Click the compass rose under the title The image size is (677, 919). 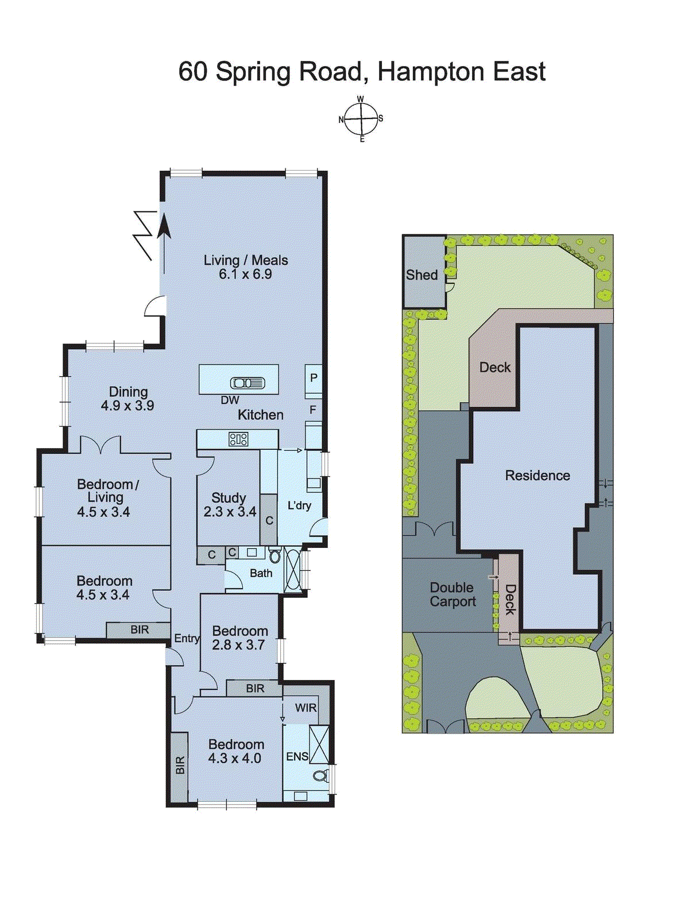(361, 119)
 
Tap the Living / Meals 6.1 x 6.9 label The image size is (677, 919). (246, 267)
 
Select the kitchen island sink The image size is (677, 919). (247, 383)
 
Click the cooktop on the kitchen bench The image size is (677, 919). (238, 440)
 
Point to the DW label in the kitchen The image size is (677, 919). (230, 400)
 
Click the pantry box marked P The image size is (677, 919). (314, 378)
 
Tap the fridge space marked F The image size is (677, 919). (313, 410)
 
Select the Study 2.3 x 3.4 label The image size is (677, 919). (229, 505)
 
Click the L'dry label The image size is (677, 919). (299, 505)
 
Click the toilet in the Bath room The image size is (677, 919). (275, 555)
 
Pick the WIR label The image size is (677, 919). (305, 708)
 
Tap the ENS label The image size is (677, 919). (297, 757)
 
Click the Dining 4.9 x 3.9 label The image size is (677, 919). (127, 399)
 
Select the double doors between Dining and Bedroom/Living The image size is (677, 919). (100, 446)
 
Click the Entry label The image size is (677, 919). (187, 638)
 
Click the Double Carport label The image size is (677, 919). (452, 594)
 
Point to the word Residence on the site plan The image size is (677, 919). (537, 476)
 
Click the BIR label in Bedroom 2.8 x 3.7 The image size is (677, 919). (255, 688)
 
